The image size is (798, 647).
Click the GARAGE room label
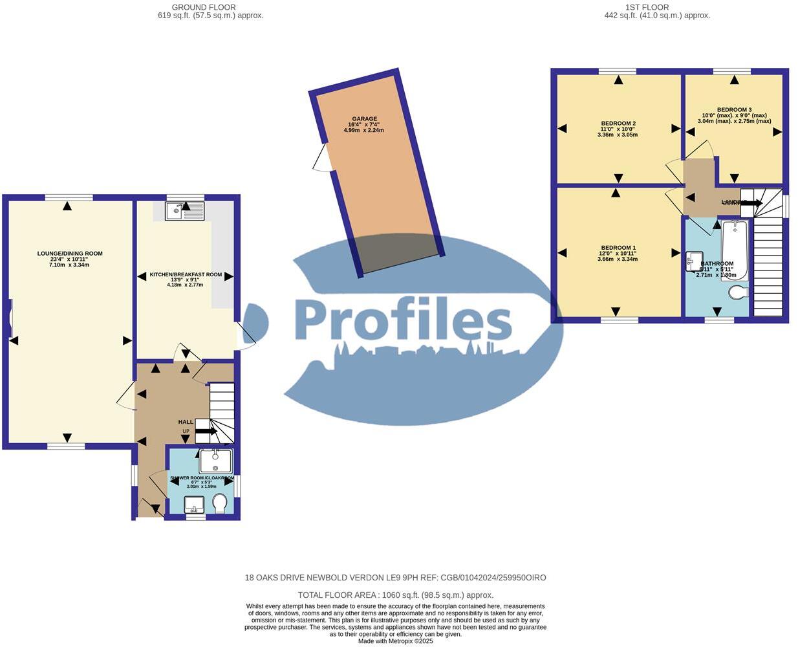pyautogui.click(x=364, y=119)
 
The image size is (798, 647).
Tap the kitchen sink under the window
pyautogui.click(x=184, y=211)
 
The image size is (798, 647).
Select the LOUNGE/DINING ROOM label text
pyautogui.click(x=70, y=254)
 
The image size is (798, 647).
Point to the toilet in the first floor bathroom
pyautogui.click(x=738, y=293)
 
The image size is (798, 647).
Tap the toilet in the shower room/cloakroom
pyautogui.click(x=220, y=503)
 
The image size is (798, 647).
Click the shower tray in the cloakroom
pyautogui.click(x=215, y=461)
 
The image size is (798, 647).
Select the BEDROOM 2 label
pyautogui.click(x=618, y=124)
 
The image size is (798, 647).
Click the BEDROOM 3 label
pyautogui.click(x=734, y=110)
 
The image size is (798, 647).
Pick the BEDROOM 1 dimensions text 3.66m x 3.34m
pyautogui.click(x=618, y=259)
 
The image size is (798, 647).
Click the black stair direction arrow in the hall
pyautogui.click(x=206, y=431)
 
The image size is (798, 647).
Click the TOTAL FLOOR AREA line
pyautogui.click(x=395, y=595)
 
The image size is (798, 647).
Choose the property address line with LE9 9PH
pyautogui.click(x=395, y=578)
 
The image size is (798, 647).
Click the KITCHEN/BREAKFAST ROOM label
pyautogui.click(x=186, y=275)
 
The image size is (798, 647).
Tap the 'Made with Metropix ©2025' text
pyautogui.click(x=395, y=641)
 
